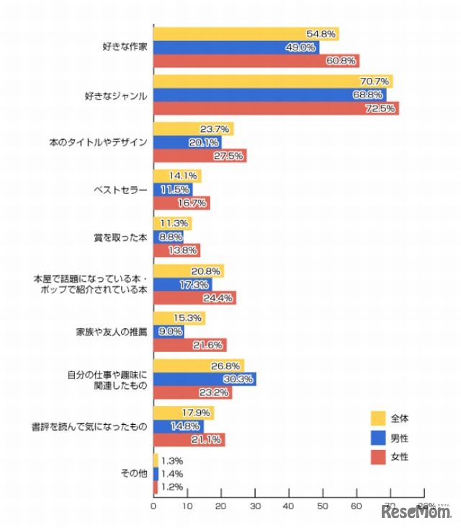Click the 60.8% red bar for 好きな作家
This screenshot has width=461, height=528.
(x=256, y=61)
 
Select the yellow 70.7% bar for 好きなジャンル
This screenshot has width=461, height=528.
(x=272, y=82)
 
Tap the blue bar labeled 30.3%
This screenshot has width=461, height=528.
(x=205, y=379)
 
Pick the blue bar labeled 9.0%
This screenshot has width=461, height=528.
(x=169, y=332)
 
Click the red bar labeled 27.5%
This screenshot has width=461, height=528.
(x=200, y=156)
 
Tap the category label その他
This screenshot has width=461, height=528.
(x=135, y=473)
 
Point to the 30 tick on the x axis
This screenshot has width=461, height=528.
(x=255, y=507)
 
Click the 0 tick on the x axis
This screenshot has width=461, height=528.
(x=153, y=507)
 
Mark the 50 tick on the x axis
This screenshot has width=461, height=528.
(x=323, y=507)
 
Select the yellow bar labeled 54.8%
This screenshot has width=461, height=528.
(x=246, y=34)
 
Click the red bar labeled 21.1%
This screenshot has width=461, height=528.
(x=189, y=439)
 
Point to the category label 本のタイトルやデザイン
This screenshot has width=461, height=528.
(x=104, y=142)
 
